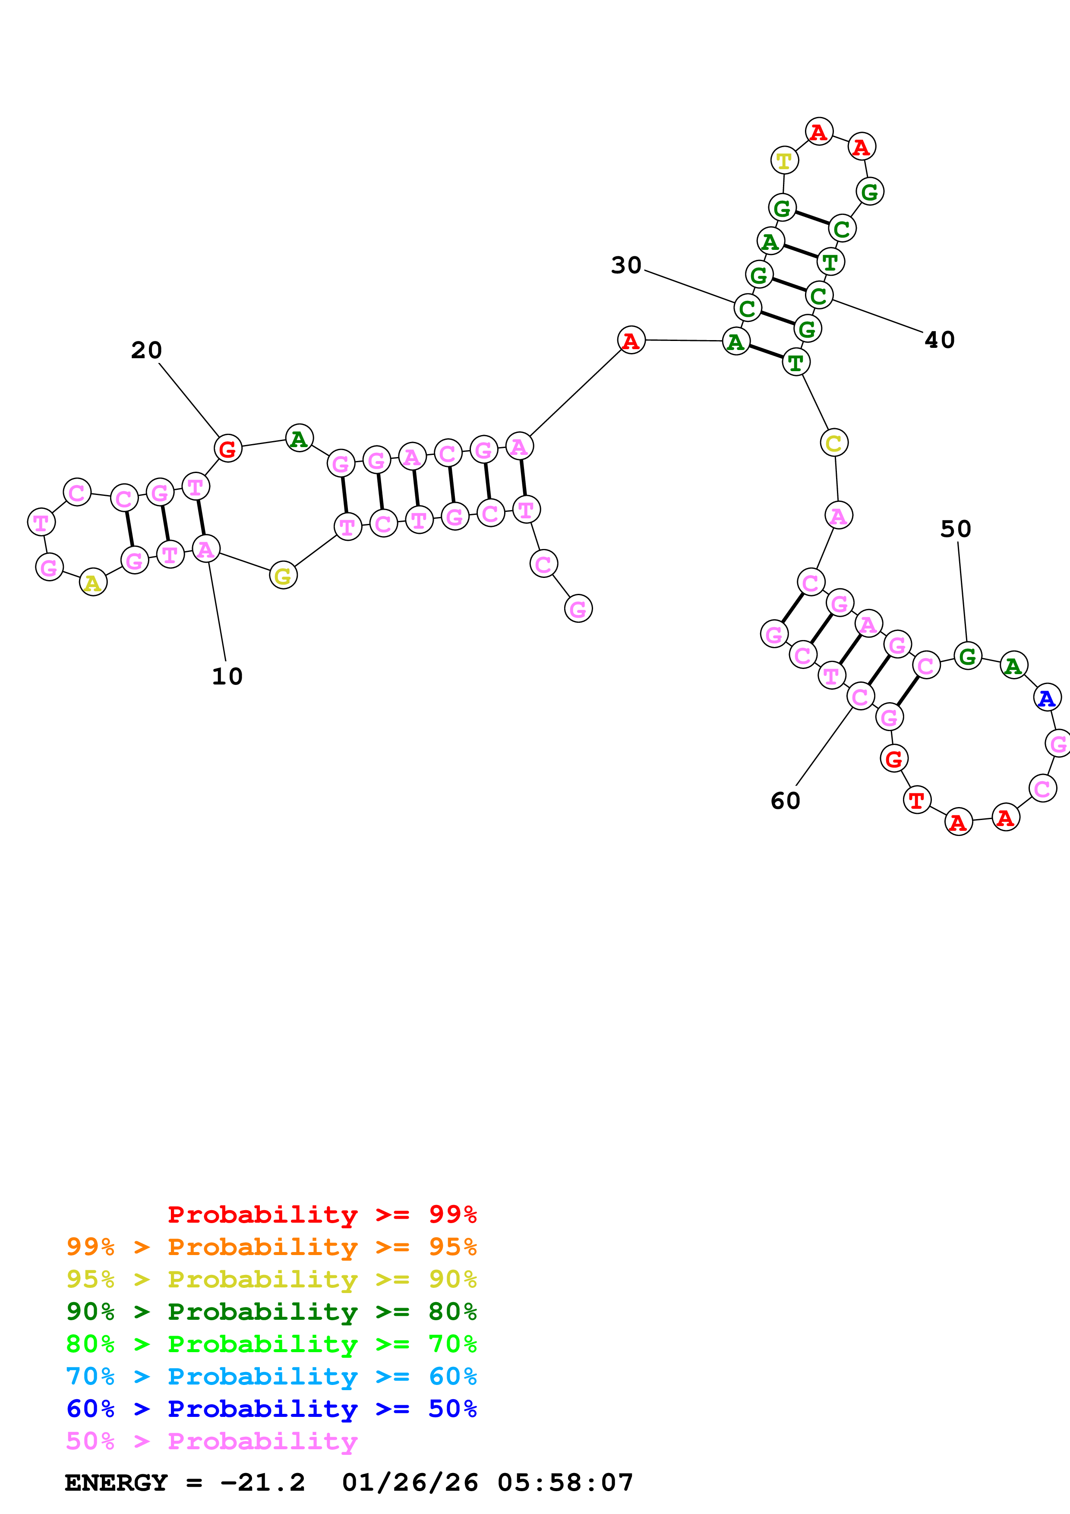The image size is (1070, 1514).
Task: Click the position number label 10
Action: (227, 677)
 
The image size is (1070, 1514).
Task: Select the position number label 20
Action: (146, 350)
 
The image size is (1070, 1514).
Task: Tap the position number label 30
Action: (626, 265)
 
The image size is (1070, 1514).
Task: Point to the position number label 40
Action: (940, 340)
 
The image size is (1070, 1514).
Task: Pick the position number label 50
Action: (955, 529)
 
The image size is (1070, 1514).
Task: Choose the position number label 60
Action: (785, 801)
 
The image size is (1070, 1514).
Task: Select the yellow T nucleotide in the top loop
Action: (784, 160)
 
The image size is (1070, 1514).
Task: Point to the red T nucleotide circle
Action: (916, 801)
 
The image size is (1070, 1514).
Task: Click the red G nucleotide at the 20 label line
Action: (227, 448)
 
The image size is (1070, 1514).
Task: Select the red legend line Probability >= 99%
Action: (322, 1214)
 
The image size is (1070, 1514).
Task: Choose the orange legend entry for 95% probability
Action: (271, 1247)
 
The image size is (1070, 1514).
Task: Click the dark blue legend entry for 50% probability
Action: (271, 1409)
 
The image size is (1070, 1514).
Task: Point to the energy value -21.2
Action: (262, 1483)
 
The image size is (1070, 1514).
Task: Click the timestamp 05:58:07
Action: (565, 1483)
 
